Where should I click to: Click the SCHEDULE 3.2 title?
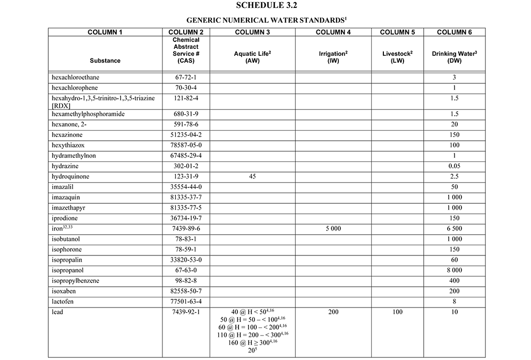tap(265, 6)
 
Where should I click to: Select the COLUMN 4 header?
tap(333, 32)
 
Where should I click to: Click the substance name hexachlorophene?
tap(75, 88)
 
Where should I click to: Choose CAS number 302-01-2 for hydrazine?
tap(186, 166)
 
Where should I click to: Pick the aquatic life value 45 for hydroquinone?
tap(252, 176)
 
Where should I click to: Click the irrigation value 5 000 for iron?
tap(333, 228)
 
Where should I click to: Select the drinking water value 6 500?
tap(454, 228)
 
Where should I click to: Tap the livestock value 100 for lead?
tap(398, 312)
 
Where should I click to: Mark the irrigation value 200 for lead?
tap(333, 312)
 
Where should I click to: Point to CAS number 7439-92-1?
tap(186, 312)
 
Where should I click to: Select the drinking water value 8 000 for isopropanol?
tap(454, 270)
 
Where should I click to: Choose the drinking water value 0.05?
tap(454, 166)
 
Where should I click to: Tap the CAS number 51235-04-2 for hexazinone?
tap(186, 135)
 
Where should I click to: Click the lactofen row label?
tap(64, 301)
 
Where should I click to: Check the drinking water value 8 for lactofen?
tap(454, 301)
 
